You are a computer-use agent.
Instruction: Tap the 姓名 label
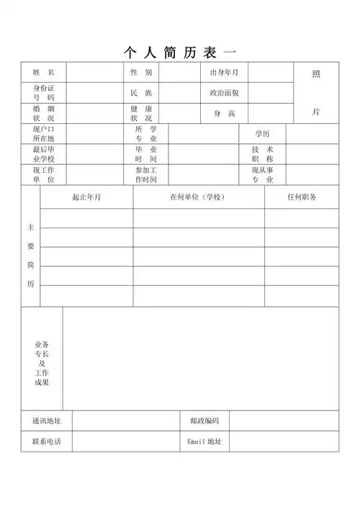pos(43,73)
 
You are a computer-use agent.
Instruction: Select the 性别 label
pos(141,73)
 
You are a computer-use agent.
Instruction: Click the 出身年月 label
pos(224,73)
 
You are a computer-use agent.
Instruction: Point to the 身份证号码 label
pos(43,92)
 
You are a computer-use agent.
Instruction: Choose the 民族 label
pos(141,93)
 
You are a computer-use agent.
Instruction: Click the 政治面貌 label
pos(224,93)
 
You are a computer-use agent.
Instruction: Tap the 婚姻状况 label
pos(43,113)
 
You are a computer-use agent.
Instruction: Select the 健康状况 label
pos(141,113)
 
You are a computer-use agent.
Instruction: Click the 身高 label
pos(224,114)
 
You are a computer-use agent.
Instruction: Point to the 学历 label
pos(262,134)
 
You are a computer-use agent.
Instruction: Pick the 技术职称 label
pos(262,153)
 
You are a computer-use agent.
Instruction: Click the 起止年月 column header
pos(86,197)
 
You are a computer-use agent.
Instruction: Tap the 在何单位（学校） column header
pos(198,197)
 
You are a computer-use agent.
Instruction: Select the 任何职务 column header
pos(301,197)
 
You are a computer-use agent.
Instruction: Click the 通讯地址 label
pos(46,421)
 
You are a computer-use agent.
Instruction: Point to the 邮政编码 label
pos(204,421)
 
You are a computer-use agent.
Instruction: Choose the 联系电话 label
pos(46,441)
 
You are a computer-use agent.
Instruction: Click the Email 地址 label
pos(204,441)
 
